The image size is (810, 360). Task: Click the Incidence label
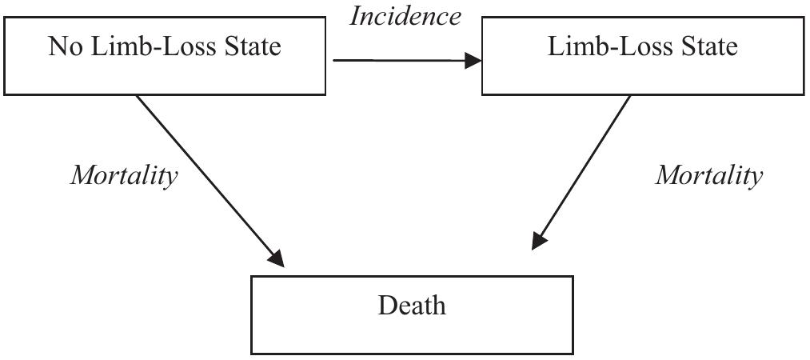click(405, 16)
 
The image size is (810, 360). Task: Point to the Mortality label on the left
click(124, 175)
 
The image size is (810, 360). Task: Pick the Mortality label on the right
click(709, 175)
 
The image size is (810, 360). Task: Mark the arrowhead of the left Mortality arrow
click(276, 257)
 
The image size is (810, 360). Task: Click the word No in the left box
click(64, 46)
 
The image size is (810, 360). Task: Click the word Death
click(412, 306)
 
